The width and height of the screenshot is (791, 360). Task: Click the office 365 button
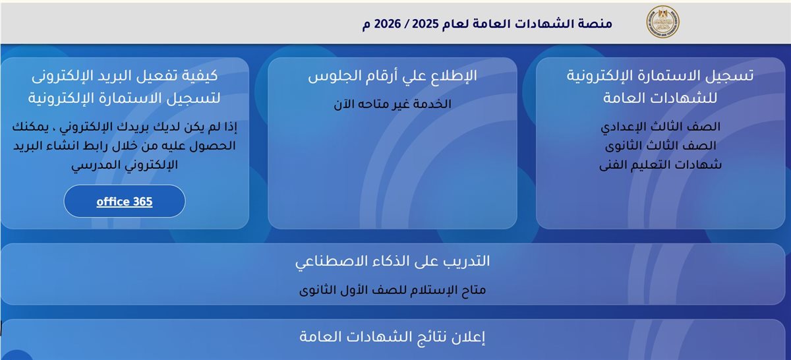coord(125,202)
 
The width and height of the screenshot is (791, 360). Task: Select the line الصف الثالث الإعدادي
coord(660,126)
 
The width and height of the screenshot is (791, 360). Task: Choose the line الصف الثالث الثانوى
coord(660,146)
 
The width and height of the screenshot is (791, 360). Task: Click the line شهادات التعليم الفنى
coord(660,165)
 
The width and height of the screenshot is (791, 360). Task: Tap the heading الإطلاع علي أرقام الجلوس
coord(392,76)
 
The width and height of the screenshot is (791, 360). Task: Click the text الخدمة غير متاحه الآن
coord(392,104)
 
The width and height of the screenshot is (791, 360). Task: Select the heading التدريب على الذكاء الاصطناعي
coord(392,261)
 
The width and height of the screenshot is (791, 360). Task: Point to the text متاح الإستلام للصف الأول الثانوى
coord(392,290)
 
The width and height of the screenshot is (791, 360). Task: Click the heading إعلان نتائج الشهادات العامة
coord(392,338)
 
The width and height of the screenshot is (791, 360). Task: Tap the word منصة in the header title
coord(597,24)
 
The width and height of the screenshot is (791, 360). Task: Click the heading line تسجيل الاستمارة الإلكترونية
coord(660,75)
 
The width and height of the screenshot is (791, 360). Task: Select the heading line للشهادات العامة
coord(660,98)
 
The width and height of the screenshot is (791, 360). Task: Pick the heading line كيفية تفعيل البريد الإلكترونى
coord(125,75)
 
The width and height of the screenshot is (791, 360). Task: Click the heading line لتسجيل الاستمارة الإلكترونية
coord(125,98)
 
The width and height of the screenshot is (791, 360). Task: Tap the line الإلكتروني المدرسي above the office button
coord(125,165)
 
